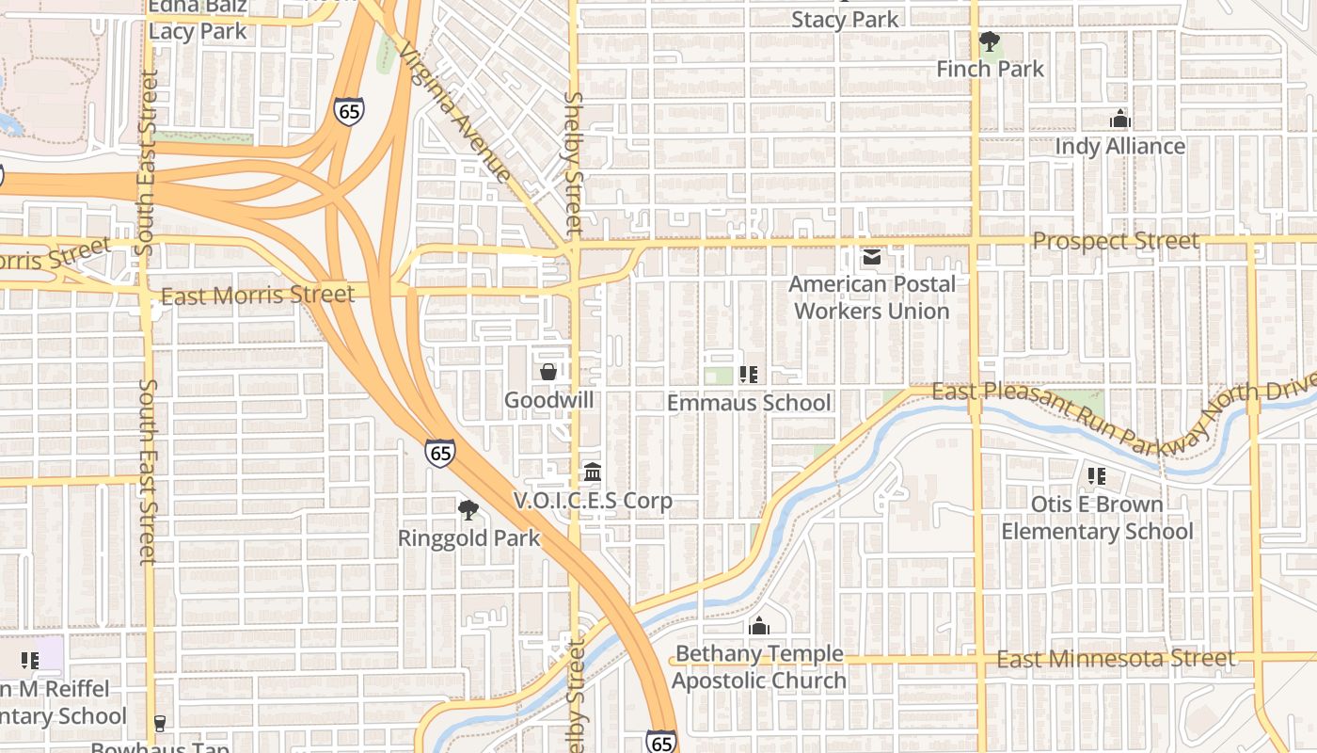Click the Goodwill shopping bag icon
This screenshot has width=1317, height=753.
click(x=548, y=373)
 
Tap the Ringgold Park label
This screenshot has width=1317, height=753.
click(x=468, y=538)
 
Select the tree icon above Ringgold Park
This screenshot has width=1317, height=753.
click(x=468, y=511)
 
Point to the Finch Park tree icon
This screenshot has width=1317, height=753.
click(x=989, y=42)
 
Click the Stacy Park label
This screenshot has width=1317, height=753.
click(x=845, y=20)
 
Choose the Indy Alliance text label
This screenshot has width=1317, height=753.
click(x=1119, y=147)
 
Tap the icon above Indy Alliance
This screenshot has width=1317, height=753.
click(x=1119, y=120)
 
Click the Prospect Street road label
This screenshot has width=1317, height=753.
click(x=1116, y=241)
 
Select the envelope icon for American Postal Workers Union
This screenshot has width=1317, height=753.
click(x=872, y=257)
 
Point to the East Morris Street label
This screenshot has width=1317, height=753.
click(x=258, y=296)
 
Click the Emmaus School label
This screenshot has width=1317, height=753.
click(x=749, y=403)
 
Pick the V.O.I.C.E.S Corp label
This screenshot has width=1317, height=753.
click(x=593, y=501)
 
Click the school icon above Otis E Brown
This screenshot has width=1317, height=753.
click(x=1096, y=476)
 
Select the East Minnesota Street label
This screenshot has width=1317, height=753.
click(x=1116, y=659)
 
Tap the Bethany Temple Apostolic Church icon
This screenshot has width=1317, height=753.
click(x=759, y=626)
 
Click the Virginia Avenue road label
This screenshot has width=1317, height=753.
click(x=455, y=110)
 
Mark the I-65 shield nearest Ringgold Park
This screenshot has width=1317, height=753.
click(x=439, y=453)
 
